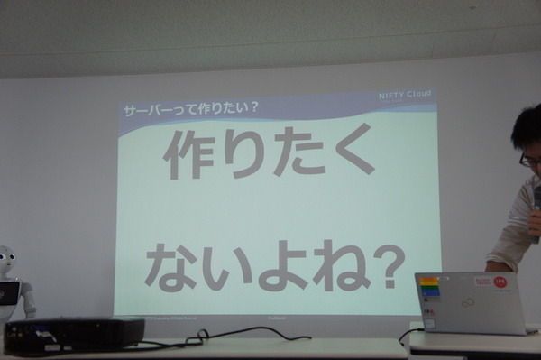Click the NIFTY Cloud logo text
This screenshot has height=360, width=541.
404,96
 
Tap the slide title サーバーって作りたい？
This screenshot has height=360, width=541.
190,108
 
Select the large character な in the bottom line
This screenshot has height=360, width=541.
169,264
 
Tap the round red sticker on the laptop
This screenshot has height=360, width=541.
499,282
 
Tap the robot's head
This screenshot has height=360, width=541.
6,260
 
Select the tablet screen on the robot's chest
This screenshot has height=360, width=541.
7,293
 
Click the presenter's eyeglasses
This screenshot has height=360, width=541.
530,160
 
